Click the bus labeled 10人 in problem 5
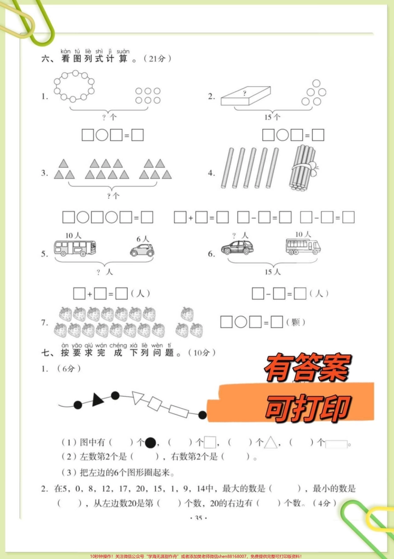click(x=75, y=248)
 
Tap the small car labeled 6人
click(x=142, y=250)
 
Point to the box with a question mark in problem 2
click(x=246, y=96)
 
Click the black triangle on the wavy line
click(x=97, y=400)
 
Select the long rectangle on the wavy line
click(x=179, y=411)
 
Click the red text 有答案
click(x=308, y=368)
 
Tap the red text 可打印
click(x=308, y=408)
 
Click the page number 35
click(x=198, y=518)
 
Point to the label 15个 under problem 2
click(x=272, y=117)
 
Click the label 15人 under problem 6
click(x=272, y=272)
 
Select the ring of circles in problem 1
click(x=74, y=86)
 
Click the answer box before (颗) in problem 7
click(x=277, y=322)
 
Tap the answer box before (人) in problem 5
click(x=121, y=294)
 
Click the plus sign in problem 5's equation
click(x=90, y=294)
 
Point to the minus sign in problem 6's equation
click(x=268, y=294)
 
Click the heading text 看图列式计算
click(x=95, y=59)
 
